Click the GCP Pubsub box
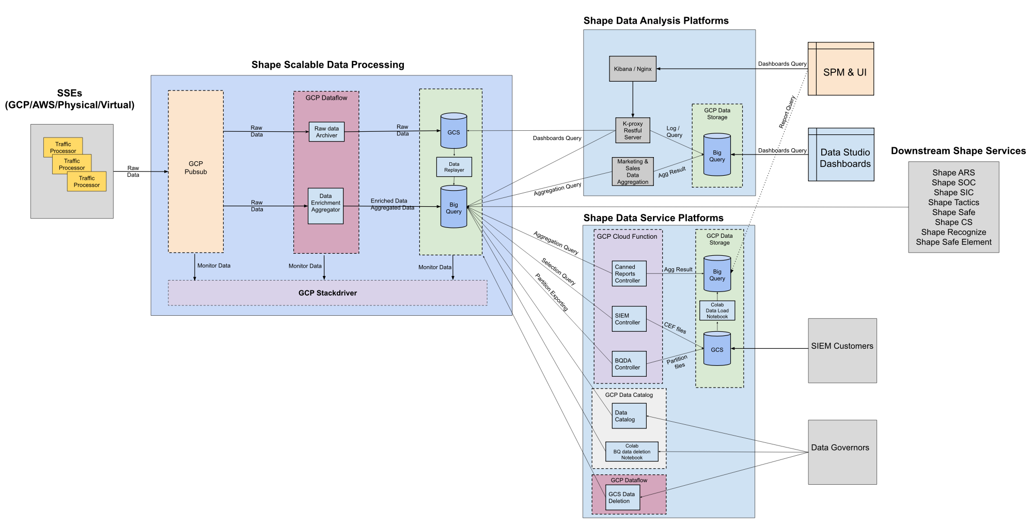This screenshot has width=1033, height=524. click(196, 172)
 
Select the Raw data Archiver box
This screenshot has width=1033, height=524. click(326, 132)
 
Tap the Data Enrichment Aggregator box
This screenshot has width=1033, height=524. click(325, 206)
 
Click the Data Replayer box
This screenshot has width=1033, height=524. click(454, 167)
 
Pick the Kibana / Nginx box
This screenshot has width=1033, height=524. click(633, 69)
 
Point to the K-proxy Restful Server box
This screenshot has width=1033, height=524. click(633, 130)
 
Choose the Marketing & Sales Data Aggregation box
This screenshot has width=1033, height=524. click(633, 172)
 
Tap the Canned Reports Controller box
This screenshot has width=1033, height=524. click(629, 274)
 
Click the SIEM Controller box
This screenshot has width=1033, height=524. click(629, 319)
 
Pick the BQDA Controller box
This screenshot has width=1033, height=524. click(629, 364)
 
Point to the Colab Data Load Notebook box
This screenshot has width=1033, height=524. click(717, 311)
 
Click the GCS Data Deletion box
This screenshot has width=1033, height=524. click(622, 497)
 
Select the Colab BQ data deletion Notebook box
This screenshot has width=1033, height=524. click(632, 452)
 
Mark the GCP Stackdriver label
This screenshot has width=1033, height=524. click(327, 293)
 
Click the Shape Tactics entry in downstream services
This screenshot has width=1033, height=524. click(953, 203)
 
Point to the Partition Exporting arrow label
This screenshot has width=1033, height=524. click(551, 292)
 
